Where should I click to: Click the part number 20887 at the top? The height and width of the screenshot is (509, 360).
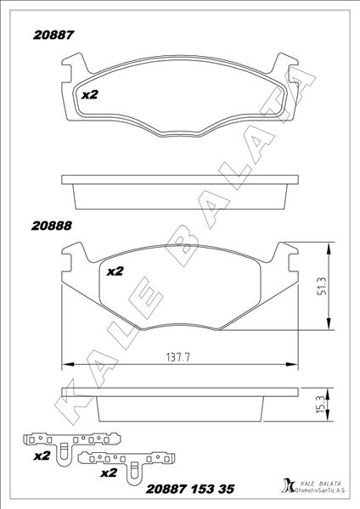point(53,35)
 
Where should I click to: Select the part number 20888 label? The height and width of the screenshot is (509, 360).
point(51,226)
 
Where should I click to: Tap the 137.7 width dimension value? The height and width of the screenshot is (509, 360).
point(177,357)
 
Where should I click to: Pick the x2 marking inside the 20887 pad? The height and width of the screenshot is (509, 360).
point(90,95)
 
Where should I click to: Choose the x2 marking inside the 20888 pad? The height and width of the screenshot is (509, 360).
point(115,271)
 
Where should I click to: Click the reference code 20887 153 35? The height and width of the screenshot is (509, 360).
point(190,489)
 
